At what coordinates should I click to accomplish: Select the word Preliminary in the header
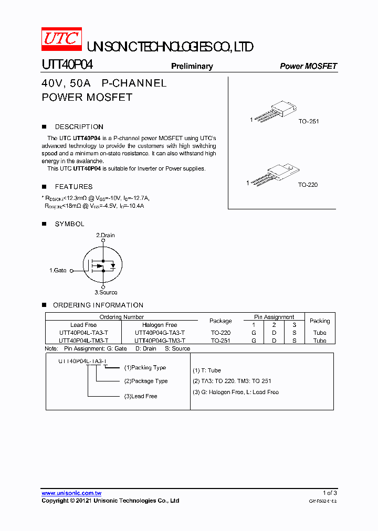192,66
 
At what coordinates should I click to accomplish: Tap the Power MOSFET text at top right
308,66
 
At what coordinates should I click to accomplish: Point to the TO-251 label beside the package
309,121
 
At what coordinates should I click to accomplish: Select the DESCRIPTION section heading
79,127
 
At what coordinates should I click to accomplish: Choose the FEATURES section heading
73,187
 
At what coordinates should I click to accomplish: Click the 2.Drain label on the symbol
105,236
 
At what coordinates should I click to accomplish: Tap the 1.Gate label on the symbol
58,271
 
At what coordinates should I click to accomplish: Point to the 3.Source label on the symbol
106,293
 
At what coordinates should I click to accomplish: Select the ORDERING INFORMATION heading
98,305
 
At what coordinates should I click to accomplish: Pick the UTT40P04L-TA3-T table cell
83,333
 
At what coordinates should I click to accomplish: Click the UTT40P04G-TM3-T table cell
160,341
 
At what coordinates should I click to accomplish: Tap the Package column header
220,321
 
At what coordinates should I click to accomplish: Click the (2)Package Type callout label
146,381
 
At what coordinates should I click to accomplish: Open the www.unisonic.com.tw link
71,493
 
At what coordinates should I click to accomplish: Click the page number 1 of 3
329,493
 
